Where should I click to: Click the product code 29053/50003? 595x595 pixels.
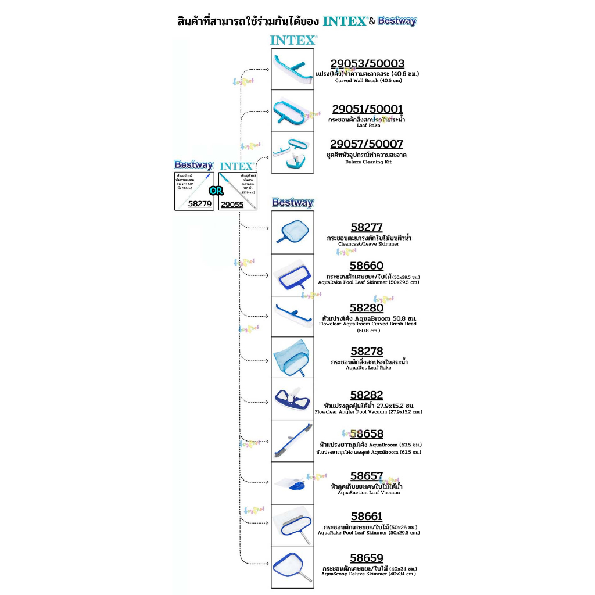click(x=367, y=64)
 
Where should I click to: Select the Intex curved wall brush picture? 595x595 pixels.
click(x=292, y=69)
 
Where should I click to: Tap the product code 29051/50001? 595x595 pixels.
click(x=367, y=109)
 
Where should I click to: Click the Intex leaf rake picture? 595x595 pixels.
click(x=292, y=110)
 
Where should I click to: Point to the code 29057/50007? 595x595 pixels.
click(x=367, y=144)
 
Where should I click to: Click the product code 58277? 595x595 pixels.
click(x=367, y=228)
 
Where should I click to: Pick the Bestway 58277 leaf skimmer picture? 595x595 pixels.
click(x=292, y=232)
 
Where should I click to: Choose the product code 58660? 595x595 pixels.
click(x=367, y=267)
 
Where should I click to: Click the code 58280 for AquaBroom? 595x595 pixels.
click(x=367, y=308)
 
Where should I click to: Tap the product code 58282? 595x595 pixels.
click(x=367, y=396)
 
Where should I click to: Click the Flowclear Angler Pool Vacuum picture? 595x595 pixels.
click(x=292, y=399)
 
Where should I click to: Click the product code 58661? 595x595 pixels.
click(x=367, y=517)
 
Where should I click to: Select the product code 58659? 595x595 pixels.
click(x=367, y=558)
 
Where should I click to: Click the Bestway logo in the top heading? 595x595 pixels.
click(x=397, y=21)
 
